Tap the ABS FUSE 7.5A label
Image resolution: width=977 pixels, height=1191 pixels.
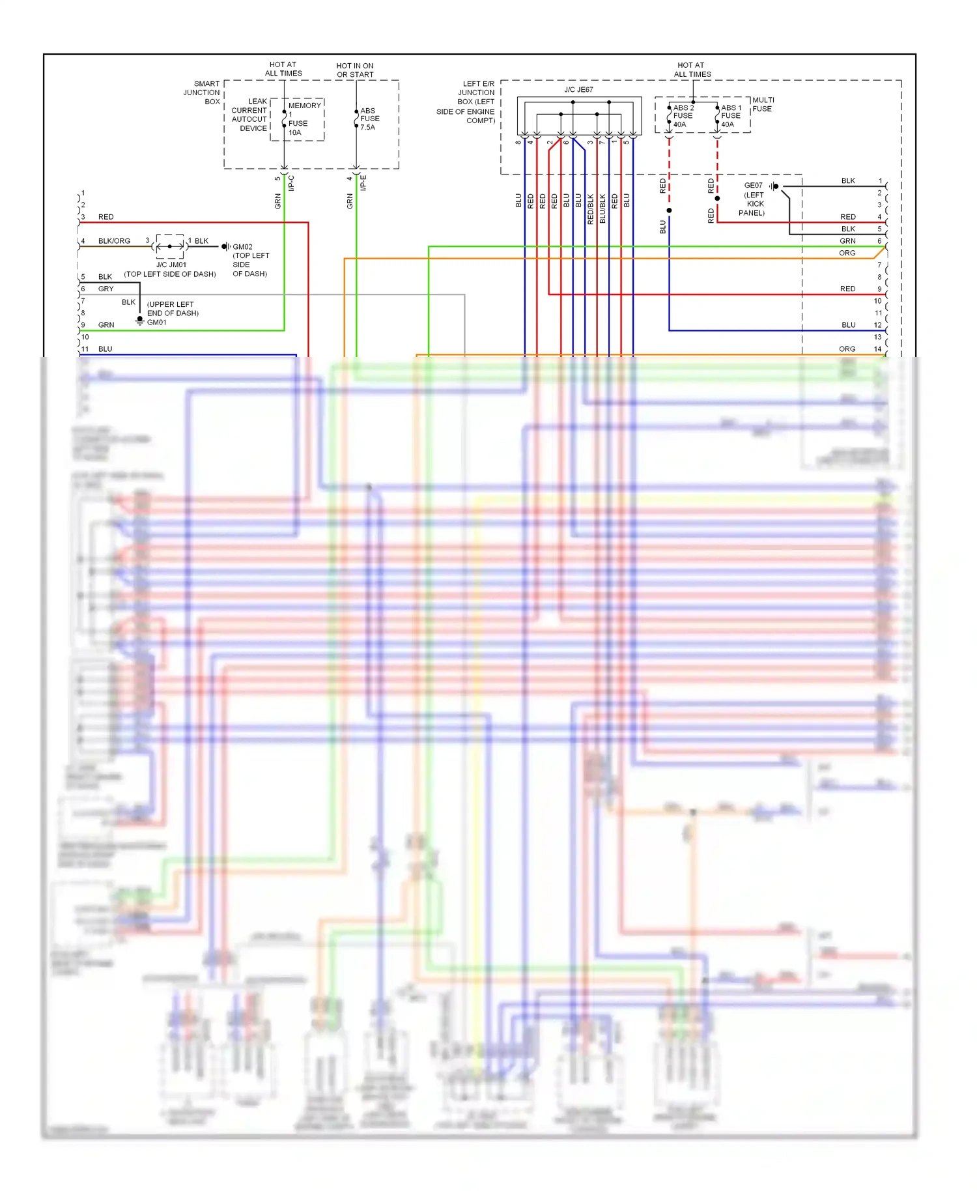coord(369,119)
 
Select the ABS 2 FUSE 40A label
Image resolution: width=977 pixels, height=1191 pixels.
coord(683,116)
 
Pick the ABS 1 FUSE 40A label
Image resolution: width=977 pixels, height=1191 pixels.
coord(730,116)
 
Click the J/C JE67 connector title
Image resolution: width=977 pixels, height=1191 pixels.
coord(578,90)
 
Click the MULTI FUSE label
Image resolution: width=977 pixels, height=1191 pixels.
coord(762,104)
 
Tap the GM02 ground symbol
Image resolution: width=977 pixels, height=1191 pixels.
coord(226,246)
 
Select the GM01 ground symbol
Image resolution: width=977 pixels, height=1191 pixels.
coord(139,321)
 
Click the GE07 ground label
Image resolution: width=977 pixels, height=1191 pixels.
coord(753,186)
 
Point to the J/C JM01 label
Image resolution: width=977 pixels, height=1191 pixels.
coord(171,265)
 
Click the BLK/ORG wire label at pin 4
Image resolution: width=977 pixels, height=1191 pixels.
coord(114,241)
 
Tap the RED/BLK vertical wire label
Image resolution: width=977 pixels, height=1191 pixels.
coord(590,209)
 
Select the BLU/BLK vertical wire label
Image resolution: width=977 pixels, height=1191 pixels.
coord(602,209)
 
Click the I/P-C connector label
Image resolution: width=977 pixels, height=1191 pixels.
coord(291,183)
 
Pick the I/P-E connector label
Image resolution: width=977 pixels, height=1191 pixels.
coord(363,183)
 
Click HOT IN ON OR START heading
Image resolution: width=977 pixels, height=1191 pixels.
coord(355,70)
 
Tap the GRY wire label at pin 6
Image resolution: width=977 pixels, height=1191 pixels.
coord(106,289)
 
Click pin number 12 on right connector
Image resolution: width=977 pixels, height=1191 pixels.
coord(877,325)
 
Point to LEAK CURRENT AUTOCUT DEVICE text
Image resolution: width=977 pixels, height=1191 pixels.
coord(249,115)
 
